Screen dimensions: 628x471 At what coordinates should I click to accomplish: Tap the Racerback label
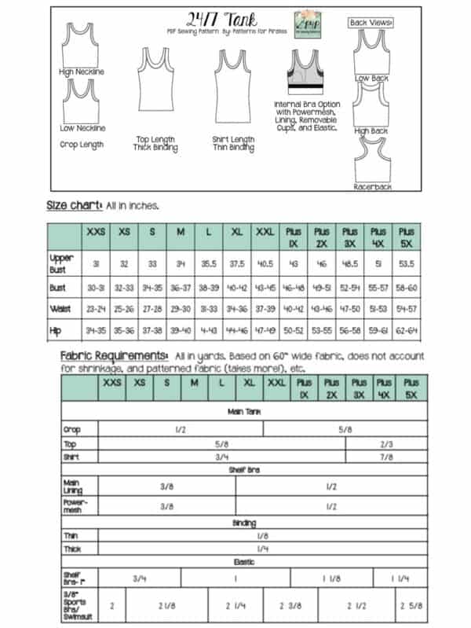click(372, 187)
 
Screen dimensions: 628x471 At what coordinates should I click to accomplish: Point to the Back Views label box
click(371, 23)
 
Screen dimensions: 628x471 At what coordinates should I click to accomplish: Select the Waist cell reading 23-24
click(97, 309)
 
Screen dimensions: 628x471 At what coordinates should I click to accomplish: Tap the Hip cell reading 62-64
click(407, 332)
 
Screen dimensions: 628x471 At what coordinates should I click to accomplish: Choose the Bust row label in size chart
click(57, 288)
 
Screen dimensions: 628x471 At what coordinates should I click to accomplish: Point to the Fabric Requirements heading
click(114, 355)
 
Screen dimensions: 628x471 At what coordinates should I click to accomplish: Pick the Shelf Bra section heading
click(243, 470)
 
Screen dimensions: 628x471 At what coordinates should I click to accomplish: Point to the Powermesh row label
click(74, 507)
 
